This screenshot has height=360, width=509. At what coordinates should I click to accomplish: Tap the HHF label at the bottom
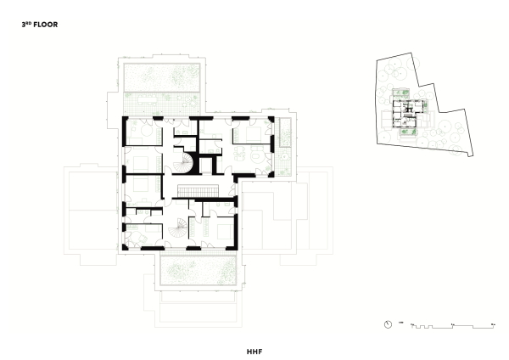pyautogui.click(x=254, y=349)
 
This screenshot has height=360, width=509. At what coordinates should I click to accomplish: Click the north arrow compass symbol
pyautogui.click(x=388, y=324)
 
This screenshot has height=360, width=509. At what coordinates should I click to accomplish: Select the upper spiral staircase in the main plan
pyautogui.click(x=184, y=160)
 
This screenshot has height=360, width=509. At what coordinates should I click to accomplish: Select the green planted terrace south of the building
pyautogui.click(x=196, y=273)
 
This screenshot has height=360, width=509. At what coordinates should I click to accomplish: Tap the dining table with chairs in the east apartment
pyautogui.click(x=251, y=154)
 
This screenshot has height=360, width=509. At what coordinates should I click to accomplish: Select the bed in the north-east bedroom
pyautogui.click(x=253, y=132)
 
